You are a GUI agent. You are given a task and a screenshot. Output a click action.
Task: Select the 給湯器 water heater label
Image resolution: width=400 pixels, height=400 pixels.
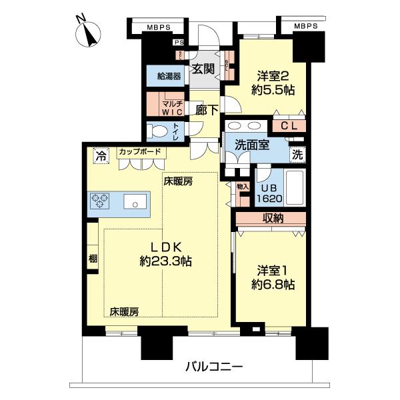click(x=169, y=76)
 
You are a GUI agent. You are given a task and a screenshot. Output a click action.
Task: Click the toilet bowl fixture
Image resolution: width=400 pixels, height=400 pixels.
click(x=160, y=130)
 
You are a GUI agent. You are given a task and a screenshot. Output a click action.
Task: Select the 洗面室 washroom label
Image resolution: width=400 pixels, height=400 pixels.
click(x=251, y=145)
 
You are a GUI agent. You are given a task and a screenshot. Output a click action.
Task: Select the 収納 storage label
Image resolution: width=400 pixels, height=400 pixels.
click(x=270, y=218)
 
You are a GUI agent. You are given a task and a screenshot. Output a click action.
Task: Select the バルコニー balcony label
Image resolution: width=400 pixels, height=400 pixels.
click(x=213, y=366)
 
